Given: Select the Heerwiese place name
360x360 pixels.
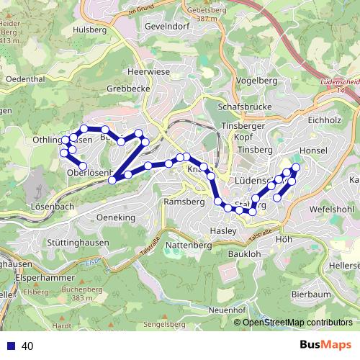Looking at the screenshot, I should [x=148, y=73].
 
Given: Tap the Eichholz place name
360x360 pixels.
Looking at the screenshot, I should [x=323, y=120].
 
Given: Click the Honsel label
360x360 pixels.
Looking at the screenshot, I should [x=312, y=150].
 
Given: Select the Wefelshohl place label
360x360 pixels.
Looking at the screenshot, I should [x=330, y=209].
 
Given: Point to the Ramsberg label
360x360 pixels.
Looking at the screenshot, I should [x=185, y=202].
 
